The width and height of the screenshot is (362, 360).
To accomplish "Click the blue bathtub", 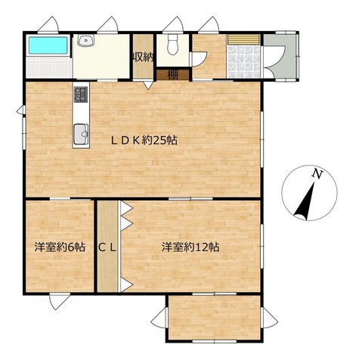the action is [48, 45].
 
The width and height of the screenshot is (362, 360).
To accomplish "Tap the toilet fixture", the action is [172, 45].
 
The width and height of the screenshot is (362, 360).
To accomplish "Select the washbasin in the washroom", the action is [86, 40].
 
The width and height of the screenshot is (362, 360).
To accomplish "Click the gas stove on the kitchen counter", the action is [81, 95].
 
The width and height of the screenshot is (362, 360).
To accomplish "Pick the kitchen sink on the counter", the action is [81, 134].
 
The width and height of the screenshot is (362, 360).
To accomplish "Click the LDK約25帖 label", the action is [144, 141].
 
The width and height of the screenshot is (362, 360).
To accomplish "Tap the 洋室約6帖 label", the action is [60, 247].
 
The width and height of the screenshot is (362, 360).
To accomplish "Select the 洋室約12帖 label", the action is [190, 247].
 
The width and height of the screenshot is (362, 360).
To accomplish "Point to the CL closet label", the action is [107, 248].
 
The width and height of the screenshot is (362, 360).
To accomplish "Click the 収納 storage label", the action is [143, 58].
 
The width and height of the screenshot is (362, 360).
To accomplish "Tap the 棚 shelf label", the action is [173, 75].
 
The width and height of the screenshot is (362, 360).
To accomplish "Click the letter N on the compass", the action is [317, 174].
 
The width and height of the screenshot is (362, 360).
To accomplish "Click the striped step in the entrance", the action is [243, 39].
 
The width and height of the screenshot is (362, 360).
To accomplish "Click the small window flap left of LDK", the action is [21, 110].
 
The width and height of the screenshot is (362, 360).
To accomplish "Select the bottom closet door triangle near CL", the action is [126, 285].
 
